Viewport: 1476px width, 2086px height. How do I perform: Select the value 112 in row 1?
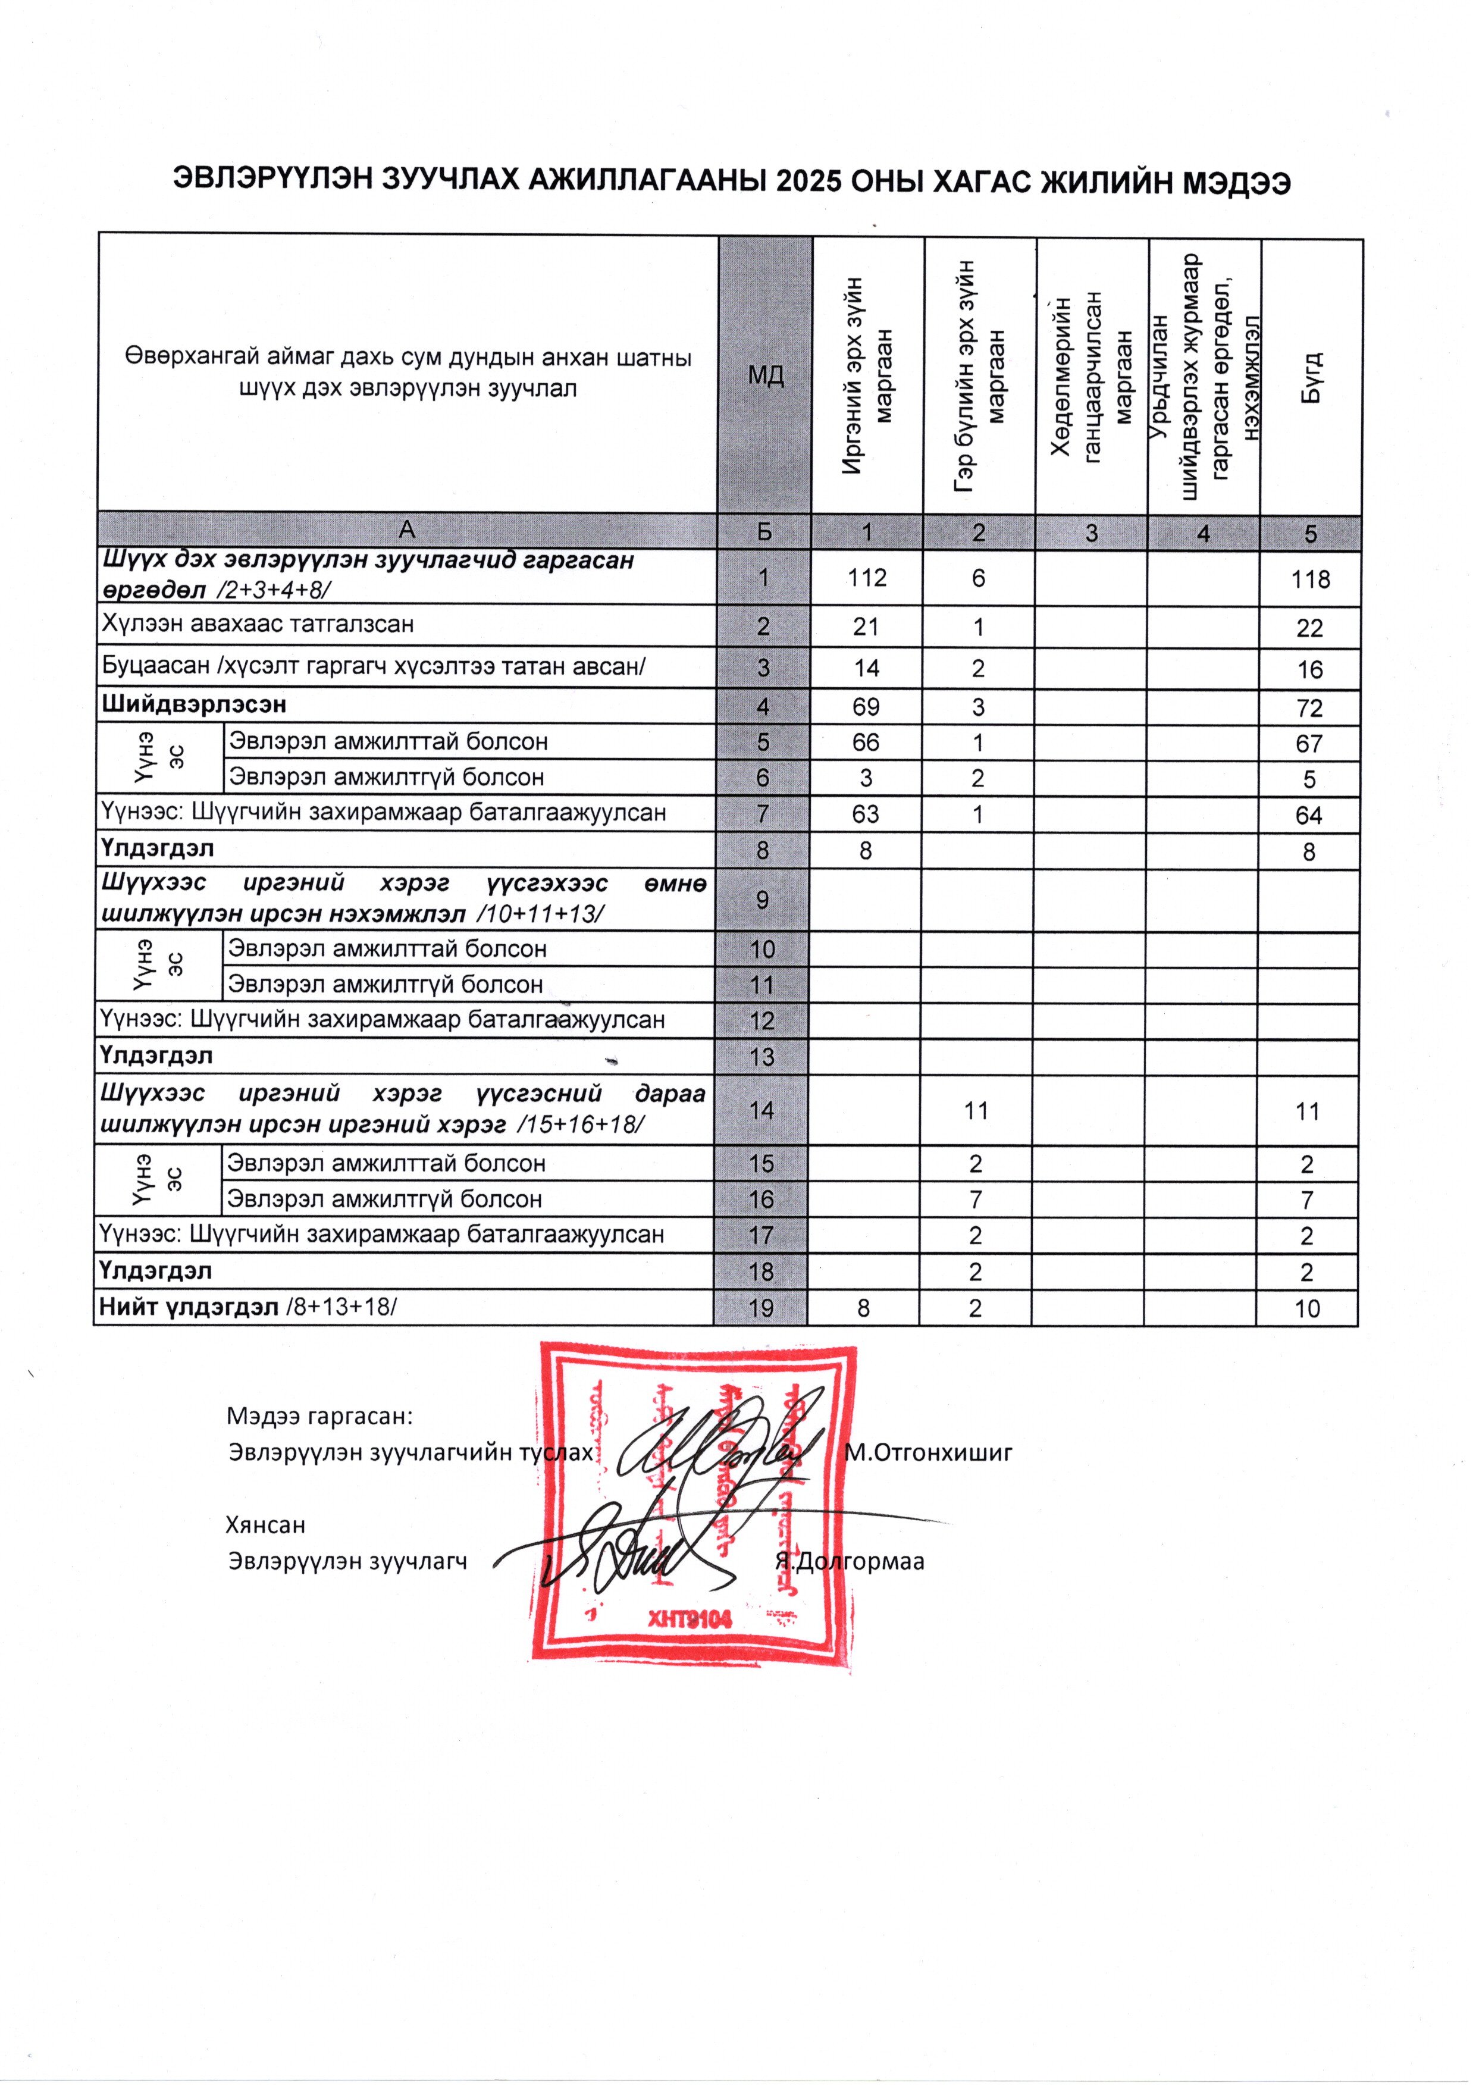[x=866, y=578]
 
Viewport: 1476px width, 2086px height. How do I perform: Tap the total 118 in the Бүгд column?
[x=1309, y=580]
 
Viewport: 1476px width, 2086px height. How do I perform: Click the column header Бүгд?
[x=1311, y=376]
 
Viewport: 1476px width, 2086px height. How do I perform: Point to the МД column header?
[x=765, y=374]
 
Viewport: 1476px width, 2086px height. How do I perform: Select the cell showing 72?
[x=1309, y=708]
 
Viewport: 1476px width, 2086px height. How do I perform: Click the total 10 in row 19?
[x=1307, y=1309]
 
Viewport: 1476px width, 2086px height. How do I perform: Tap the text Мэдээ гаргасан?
[x=319, y=1416]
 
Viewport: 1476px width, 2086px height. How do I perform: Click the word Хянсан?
[x=265, y=1524]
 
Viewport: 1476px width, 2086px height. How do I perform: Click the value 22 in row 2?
[x=1309, y=628]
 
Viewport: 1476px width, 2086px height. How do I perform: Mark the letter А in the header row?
[x=407, y=530]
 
